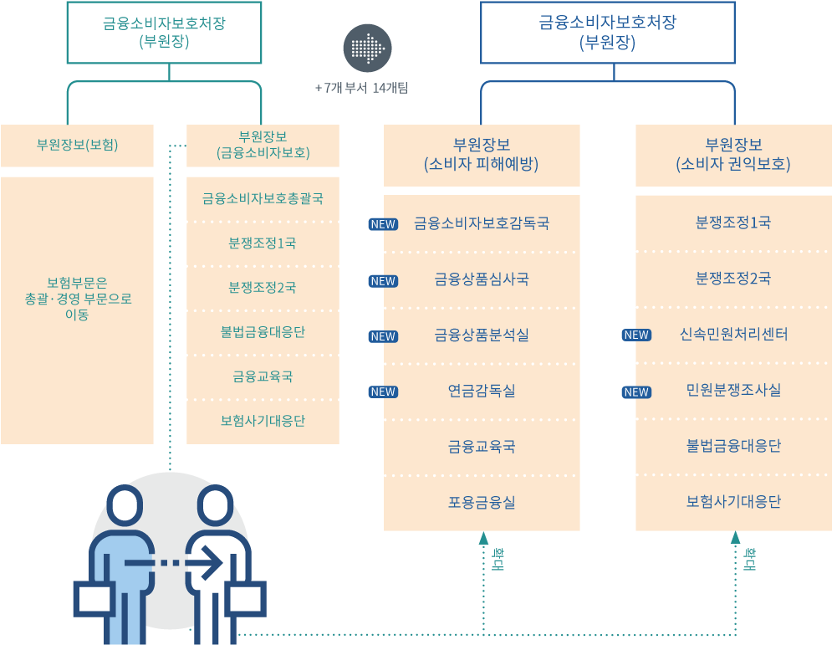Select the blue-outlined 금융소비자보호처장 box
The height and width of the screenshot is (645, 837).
tap(607, 32)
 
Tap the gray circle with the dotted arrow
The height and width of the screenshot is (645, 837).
tap(367, 47)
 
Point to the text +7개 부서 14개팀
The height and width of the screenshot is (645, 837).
tap(361, 87)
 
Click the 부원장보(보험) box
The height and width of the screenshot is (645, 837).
tap(77, 146)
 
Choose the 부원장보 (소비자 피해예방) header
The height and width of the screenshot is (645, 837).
tap(482, 155)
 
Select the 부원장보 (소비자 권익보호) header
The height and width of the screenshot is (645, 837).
tap(733, 155)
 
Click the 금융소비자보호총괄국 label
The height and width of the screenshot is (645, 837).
tap(263, 199)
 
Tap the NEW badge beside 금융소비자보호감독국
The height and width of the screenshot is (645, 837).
tap(383, 224)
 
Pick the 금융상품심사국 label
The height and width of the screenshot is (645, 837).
tap(482, 279)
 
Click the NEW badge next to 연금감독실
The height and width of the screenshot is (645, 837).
tap(383, 392)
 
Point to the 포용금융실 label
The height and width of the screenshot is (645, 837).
tap(482, 502)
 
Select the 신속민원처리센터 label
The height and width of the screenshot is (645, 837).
tap(733, 335)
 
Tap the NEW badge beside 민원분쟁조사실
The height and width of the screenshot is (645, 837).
tap(636, 392)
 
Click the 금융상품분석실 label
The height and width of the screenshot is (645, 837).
tap(482, 335)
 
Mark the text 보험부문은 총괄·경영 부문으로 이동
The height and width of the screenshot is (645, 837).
tap(78, 299)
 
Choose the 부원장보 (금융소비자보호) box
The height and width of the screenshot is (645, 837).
tap(263, 146)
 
